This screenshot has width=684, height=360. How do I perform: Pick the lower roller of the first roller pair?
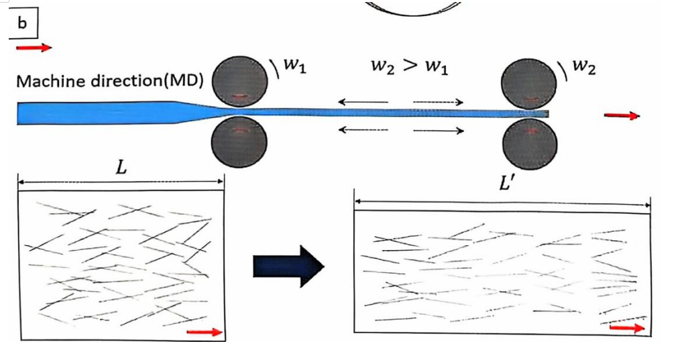tap(239, 143)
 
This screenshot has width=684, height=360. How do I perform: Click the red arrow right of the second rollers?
tap(621, 116)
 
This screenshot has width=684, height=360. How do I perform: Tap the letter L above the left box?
tap(121, 168)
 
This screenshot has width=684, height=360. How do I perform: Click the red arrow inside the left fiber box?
tap(203, 332)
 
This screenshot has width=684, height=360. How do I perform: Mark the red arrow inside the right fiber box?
tap(627, 328)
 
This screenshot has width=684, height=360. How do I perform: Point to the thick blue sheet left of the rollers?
tap(94, 113)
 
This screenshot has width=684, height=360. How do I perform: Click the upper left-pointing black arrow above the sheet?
tap(363, 102)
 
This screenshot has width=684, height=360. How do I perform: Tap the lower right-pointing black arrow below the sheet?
tap(439, 131)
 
